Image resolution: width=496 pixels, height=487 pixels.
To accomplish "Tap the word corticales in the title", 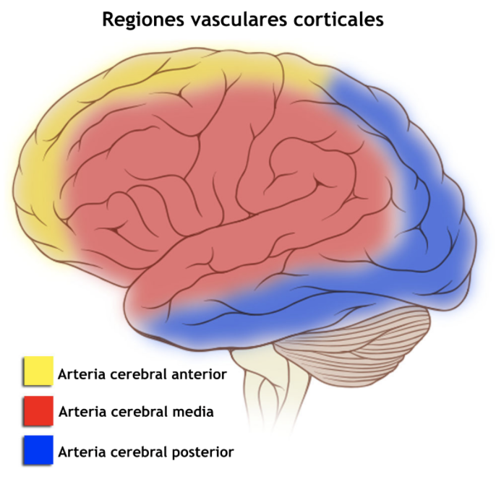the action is (x=339, y=20).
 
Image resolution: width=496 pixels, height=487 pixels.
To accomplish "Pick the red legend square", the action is (x=38, y=410).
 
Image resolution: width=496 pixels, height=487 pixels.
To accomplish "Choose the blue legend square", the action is (x=38, y=450).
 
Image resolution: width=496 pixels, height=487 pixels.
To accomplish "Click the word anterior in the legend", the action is (x=199, y=374).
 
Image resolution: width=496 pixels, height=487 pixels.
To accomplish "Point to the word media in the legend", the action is (x=193, y=413).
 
